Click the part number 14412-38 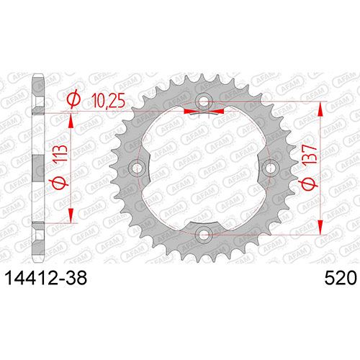[x=46, y=278]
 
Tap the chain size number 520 [x=341, y=278]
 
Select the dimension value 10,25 [x=109, y=101]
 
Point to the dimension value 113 [x=60, y=154]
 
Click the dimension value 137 [x=310, y=155]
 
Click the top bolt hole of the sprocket [x=204, y=101]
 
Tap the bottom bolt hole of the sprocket [x=204, y=234]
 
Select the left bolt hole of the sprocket [x=137, y=168]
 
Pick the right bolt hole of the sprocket [x=270, y=168]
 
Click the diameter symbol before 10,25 [x=73, y=99]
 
